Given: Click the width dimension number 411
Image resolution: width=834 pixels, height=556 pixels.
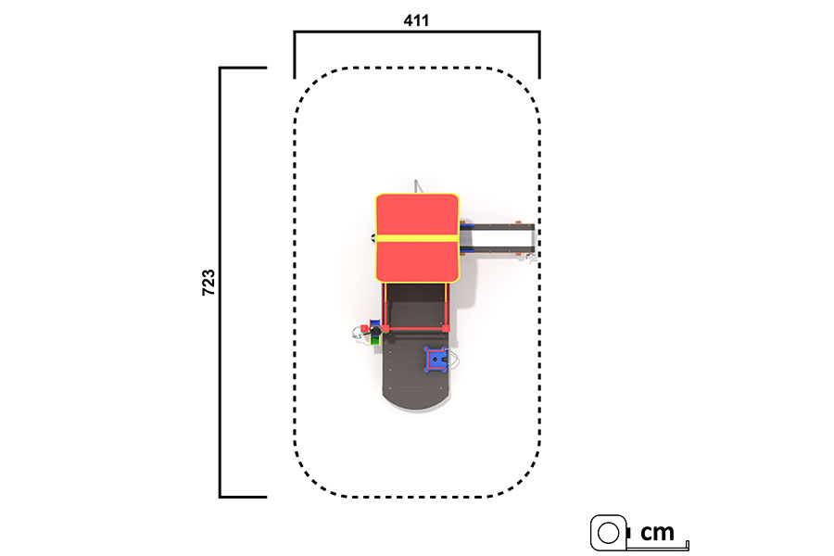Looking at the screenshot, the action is (x=416, y=20).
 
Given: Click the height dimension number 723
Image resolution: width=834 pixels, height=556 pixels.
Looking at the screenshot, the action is (x=208, y=283).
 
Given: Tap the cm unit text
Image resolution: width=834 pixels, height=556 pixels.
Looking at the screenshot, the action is (x=657, y=532).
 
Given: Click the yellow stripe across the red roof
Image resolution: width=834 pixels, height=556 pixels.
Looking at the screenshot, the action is (x=417, y=238).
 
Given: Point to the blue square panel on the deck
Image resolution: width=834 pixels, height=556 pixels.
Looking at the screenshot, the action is (x=436, y=360).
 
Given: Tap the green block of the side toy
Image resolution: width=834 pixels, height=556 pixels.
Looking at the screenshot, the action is (x=375, y=339).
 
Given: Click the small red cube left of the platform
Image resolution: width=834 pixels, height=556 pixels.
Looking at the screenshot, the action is (x=364, y=328).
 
